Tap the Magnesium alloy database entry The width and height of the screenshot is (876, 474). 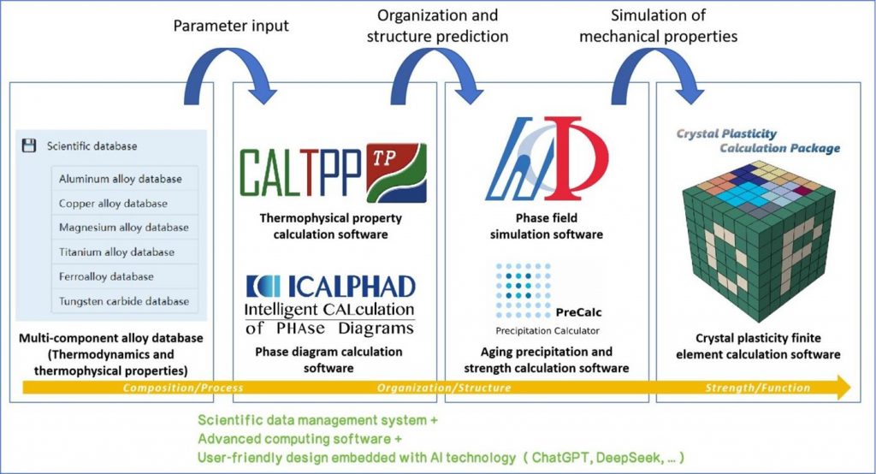tap(124, 228)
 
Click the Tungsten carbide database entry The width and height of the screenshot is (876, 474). tap(124, 301)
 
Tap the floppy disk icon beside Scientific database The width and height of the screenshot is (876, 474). tap(28, 146)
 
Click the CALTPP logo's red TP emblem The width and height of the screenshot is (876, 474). tap(396, 173)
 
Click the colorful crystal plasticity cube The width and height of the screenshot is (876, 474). tap(758, 240)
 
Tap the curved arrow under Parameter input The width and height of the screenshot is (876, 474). tap(230, 75)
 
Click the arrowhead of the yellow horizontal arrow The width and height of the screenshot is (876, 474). tap(843, 388)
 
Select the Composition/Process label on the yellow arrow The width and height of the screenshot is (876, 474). tap(183, 388)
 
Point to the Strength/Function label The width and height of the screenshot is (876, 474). tap(758, 388)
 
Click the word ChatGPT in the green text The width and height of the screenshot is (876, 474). tap(560, 458)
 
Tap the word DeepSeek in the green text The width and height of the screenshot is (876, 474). tap(629, 458)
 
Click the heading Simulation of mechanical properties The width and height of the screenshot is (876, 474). tap(658, 26)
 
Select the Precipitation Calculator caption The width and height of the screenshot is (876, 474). tap(547, 331)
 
